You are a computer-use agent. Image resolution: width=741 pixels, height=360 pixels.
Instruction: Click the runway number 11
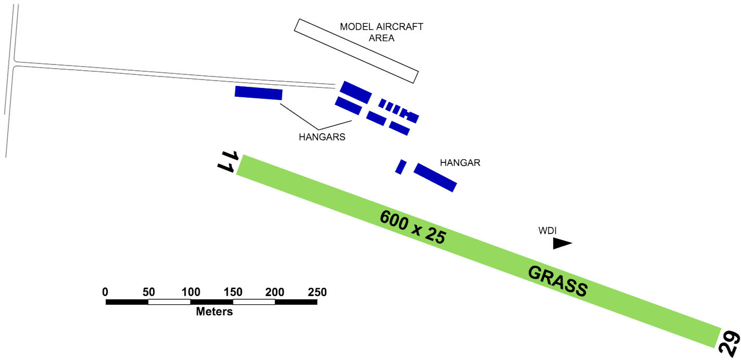pyautogui.click(x=228, y=161)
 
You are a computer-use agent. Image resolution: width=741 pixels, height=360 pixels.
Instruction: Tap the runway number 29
pyautogui.click(x=730, y=343)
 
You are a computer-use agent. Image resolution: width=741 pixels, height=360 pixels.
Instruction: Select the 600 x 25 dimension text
pyautogui.click(x=413, y=227)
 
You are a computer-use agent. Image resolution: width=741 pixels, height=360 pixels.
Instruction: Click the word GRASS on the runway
pyautogui.click(x=557, y=281)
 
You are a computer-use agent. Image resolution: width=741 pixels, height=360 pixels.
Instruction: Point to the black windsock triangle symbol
pyautogui.click(x=561, y=243)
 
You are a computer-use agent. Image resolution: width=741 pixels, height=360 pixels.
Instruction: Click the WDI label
pyautogui.click(x=547, y=230)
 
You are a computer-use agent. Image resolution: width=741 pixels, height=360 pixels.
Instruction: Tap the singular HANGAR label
pyautogui.click(x=459, y=162)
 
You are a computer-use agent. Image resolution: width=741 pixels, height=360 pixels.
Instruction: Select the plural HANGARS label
pyautogui.click(x=322, y=137)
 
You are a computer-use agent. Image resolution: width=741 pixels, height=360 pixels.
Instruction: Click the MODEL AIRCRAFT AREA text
pyautogui.click(x=381, y=32)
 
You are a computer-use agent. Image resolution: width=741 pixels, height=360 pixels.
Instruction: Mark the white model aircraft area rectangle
pyautogui.click(x=356, y=51)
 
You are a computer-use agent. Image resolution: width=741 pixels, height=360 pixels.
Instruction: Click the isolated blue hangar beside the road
pyautogui.click(x=258, y=93)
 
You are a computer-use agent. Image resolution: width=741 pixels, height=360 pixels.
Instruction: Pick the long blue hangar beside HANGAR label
pyautogui.click(x=435, y=177)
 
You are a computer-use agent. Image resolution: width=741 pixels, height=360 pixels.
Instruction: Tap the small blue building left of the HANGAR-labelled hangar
pyautogui.click(x=401, y=166)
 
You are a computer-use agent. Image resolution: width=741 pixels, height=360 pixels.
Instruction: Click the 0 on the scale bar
pyautogui.click(x=106, y=292)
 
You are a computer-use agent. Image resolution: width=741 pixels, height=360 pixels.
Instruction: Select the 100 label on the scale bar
pyautogui.click(x=190, y=292)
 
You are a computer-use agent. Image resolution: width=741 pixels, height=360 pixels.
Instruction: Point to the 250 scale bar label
pyautogui.click(x=317, y=292)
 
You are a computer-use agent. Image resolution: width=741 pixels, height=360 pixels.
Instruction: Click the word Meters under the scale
pyautogui.click(x=214, y=312)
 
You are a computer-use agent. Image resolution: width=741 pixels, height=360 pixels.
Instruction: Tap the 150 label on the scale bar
pyautogui.click(x=233, y=292)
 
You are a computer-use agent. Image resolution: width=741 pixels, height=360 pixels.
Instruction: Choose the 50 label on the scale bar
pyautogui.click(x=148, y=292)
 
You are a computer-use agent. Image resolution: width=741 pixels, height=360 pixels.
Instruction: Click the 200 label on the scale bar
pyautogui.click(x=275, y=292)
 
